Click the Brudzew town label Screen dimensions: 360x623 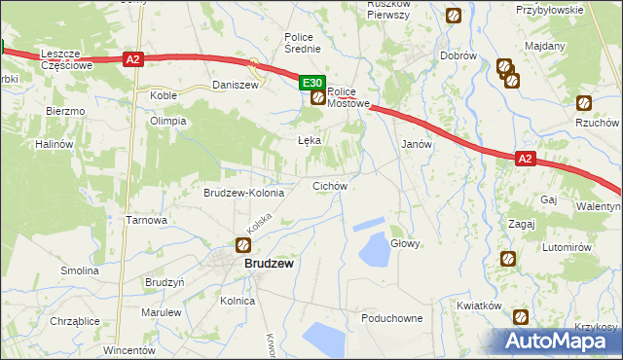269,264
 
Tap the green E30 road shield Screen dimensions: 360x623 311,85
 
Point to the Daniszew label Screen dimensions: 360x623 235,86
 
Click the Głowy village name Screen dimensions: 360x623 405,244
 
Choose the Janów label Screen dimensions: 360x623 417,143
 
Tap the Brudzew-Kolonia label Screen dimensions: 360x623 243,193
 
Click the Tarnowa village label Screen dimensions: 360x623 147,220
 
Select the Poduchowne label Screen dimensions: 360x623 391,318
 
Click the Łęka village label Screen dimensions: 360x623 309,140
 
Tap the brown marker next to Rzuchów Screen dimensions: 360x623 584,103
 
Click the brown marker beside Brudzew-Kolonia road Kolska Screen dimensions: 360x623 243,246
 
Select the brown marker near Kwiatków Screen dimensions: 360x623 521,316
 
